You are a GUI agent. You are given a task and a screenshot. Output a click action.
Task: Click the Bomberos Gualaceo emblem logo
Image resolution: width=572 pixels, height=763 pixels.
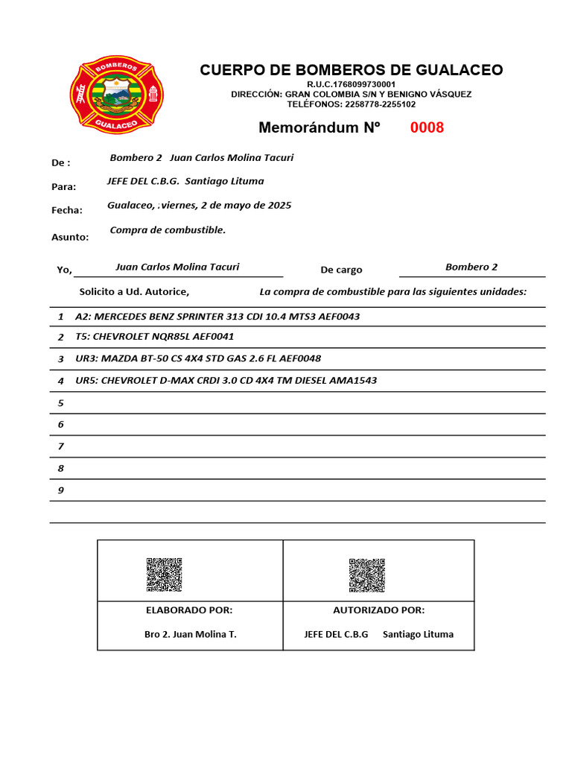click(x=117, y=95)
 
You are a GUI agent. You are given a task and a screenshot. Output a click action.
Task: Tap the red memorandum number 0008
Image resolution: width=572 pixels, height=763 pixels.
click(x=427, y=127)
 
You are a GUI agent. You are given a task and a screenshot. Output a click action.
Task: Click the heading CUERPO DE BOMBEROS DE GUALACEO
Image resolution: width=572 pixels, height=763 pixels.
click(x=351, y=70)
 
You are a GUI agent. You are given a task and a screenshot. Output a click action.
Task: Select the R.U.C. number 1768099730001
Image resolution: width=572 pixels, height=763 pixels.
click(x=351, y=85)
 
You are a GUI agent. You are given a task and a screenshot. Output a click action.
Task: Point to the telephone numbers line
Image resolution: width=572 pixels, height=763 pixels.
click(x=351, y=104)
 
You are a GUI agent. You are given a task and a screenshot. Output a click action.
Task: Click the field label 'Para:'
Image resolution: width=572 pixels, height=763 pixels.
click(x=63, y=186)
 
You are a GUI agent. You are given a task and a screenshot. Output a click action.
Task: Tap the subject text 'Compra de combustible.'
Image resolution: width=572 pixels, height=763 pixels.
click(x=168, y=229)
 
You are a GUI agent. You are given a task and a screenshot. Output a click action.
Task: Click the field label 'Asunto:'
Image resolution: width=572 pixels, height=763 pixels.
click(x=70, y=237)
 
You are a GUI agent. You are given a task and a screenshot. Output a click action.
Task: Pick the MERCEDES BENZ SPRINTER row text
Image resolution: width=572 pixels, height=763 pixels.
click(x=217, y=317)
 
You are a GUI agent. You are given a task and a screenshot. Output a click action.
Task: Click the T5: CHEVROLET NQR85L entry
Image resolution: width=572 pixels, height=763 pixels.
click(x=154, y=337)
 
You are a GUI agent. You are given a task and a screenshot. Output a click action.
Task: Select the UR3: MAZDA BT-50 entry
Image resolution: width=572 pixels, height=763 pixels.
click(x=198, y=358)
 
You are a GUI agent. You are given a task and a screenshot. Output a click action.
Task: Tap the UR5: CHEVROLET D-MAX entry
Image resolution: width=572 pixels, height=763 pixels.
click(x=226, y=380)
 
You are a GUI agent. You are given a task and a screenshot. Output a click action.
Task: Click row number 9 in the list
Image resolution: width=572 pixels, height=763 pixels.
click(x=61, y=490)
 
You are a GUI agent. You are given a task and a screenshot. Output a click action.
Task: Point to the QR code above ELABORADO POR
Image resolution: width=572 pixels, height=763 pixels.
click(x=164, y=574)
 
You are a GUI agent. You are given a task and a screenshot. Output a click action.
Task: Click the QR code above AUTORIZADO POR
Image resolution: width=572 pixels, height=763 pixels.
click(x=366, y=574)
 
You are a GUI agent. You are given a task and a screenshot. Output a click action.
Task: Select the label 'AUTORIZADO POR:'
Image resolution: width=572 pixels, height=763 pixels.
click(x=378, y=610)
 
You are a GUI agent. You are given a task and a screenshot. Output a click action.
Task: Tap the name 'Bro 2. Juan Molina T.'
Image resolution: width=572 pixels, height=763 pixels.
click(x=190, y=634)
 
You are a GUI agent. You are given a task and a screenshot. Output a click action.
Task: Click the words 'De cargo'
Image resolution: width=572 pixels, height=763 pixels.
click(x=341, y=270)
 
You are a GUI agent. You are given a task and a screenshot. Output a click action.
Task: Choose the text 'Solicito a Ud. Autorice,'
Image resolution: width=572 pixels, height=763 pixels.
click(x=134, y=291)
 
